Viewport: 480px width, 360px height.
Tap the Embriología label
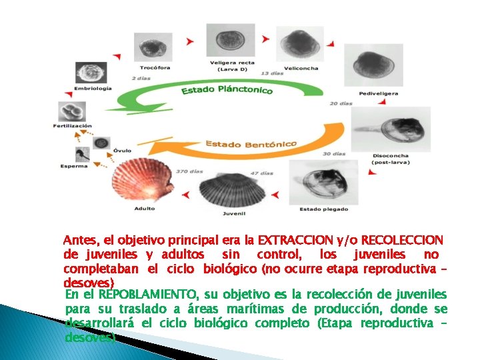(x=92, y=88)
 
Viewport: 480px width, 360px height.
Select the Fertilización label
(x=73, y=125)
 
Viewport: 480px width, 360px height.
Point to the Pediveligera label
(x=379, y=94)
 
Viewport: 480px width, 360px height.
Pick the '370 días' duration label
(x=189, y=171)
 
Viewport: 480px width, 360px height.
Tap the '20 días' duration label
(x=341, y=103)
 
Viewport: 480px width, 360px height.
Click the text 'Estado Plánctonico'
(x=227, y=89)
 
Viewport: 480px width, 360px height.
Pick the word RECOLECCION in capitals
(x=404, y=239)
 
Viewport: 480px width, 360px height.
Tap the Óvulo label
(x=121, y=151)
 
